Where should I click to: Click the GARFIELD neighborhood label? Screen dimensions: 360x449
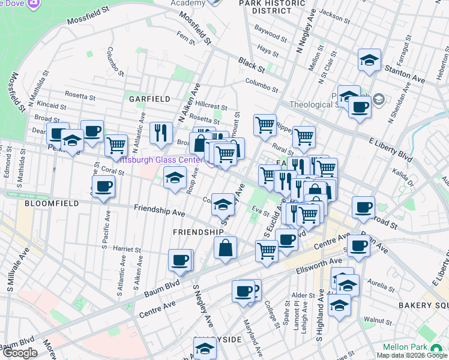pos(148,98)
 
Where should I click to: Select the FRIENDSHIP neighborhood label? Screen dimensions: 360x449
pos(198,232)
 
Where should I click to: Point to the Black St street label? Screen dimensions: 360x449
pos(251,62)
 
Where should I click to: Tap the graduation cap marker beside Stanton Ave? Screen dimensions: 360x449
pos(369,60)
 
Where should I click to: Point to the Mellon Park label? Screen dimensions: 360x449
pos(406,347)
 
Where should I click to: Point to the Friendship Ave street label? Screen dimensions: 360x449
pos(160,212)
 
